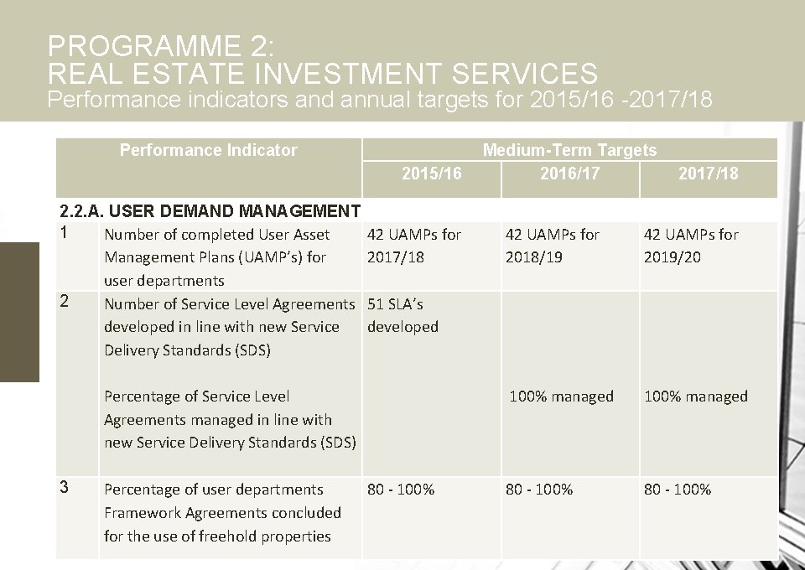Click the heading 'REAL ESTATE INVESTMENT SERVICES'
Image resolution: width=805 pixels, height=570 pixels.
(x=323, y=73)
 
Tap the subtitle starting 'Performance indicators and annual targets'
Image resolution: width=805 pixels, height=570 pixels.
(x=380, y=101)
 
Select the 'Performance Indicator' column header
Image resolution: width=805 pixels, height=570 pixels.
(x=208, y=150)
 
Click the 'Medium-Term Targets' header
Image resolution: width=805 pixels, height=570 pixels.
(x=569, y=150)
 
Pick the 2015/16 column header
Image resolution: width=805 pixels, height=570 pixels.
(x=431, y=174)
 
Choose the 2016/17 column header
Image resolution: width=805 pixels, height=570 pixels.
(x=569, y=174)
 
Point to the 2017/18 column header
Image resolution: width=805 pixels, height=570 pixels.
(x=708, y=174)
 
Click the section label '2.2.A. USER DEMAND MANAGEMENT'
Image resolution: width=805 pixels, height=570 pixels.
(x=210, y=210)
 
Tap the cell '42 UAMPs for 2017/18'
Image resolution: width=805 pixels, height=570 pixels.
(x=413, y=246)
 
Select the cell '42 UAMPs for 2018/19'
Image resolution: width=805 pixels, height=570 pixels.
(x=552, y=246)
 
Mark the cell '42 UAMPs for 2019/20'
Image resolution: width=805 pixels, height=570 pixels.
(x=690, y=246)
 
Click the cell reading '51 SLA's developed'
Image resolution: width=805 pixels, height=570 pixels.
(x=402, y=315)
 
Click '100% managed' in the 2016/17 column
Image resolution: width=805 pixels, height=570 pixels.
(x=561, y=396)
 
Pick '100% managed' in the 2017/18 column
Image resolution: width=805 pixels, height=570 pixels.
(x=695, y=396)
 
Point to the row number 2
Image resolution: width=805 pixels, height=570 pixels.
(x=65, y=300)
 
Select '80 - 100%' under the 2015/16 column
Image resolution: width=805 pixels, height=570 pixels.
(x=401, y=490)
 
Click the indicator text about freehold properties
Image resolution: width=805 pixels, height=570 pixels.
(x=222, y=512)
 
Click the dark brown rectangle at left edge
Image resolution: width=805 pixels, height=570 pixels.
(x=19, y=311)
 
